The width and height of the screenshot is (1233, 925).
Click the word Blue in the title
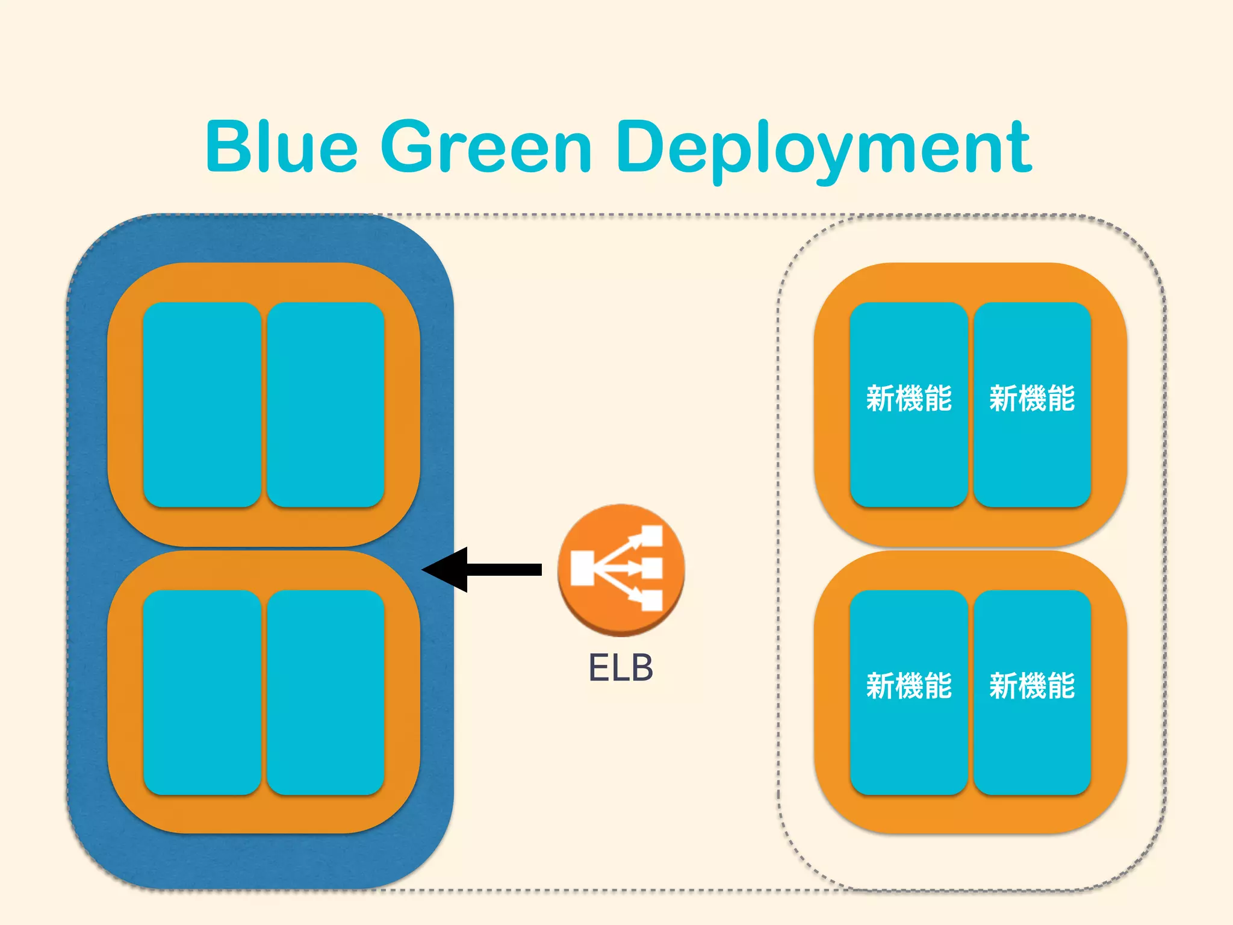tap(282, 146)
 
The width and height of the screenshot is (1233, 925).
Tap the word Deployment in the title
tap(824, 149)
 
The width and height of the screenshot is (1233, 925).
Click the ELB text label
tap(621, 668)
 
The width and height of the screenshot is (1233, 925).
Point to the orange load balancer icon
tap(621, 569)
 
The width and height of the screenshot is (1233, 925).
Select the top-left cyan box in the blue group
tap(202, 404)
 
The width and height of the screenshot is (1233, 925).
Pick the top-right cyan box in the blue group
tap(326, 404)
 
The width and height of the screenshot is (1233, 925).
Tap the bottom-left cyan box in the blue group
tap(202, 693)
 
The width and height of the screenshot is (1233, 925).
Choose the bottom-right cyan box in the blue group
tap(326, 693)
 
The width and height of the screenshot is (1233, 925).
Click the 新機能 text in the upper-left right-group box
tap(908, 399)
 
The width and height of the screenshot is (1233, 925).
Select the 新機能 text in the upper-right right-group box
tap(1032, 399)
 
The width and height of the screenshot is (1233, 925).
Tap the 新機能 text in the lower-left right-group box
tap(908, 687)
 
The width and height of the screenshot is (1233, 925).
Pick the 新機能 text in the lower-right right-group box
tap(1032, 687)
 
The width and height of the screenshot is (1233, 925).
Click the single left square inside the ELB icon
tap(582, 568)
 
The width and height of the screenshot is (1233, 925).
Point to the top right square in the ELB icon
tap(651, 535)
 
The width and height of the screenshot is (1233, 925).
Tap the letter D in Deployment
tap(642, 146)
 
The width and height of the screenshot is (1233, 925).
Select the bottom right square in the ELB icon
tap(651, 600)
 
